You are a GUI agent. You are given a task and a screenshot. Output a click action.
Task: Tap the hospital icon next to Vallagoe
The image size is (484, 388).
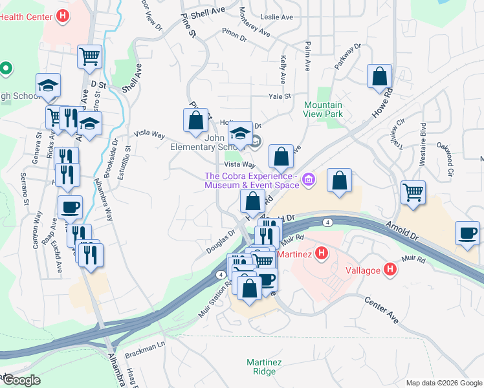[x=390, y=268]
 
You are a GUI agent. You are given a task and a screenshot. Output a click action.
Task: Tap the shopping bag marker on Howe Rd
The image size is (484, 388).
[x=379, y=76]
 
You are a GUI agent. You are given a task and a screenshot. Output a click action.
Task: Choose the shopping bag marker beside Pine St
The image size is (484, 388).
[x=195, y=120]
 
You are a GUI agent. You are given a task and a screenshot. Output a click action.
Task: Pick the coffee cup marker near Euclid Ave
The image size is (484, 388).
[x=70, y=207]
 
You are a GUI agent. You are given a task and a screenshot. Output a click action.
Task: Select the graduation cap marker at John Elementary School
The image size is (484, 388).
[x=240, y=134]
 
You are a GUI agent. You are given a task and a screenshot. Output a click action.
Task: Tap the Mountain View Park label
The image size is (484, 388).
[x=323, y=109]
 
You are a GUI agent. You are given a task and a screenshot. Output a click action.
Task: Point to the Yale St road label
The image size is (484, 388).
[x=279, y=96]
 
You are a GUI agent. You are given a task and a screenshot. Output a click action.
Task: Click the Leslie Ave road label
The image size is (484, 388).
[x=276, y=17]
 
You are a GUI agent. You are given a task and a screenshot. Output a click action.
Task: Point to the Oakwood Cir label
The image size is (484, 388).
[x=451, y=147]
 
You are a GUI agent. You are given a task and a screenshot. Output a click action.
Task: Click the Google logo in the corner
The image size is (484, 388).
[x=21, y=380]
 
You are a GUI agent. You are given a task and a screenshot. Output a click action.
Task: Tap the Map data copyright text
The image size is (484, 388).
[x=443, y=383]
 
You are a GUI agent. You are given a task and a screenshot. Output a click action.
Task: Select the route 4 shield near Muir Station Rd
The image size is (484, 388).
[x=222, y=275]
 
